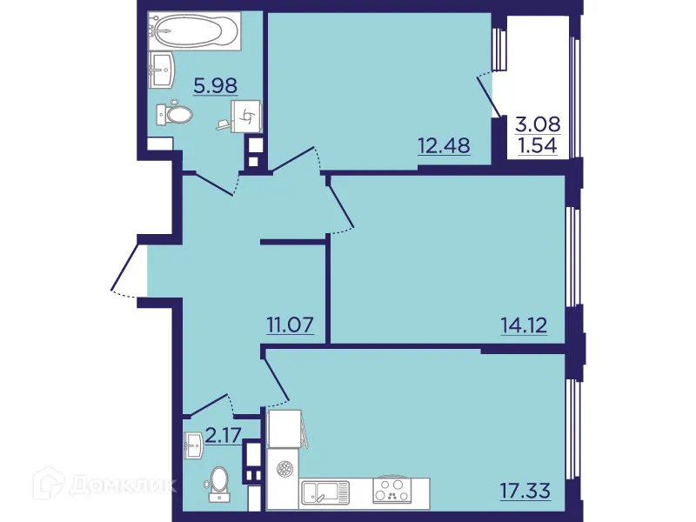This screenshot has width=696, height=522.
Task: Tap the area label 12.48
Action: pyautogui.click(x=444, y=145)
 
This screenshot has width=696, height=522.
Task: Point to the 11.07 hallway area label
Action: pyautogui.click(x=290, y=326)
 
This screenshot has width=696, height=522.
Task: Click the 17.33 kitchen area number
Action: pyautogui.click(x=525, y=488)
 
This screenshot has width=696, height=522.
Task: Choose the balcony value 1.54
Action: pyautogui.click(x=536, y=145)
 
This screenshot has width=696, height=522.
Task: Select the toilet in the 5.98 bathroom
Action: pyautogui.click(x=176, y=114)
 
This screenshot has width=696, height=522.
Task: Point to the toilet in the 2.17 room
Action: pyautogui.click(x=217, y=482)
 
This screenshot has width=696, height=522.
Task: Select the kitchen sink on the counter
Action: pyautogui.click(x=325, y=493)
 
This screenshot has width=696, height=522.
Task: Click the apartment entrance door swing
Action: pyautogui.click(x=127, y=270)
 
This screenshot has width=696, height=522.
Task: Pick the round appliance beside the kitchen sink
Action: pyautogui.click(x=284, y=469)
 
